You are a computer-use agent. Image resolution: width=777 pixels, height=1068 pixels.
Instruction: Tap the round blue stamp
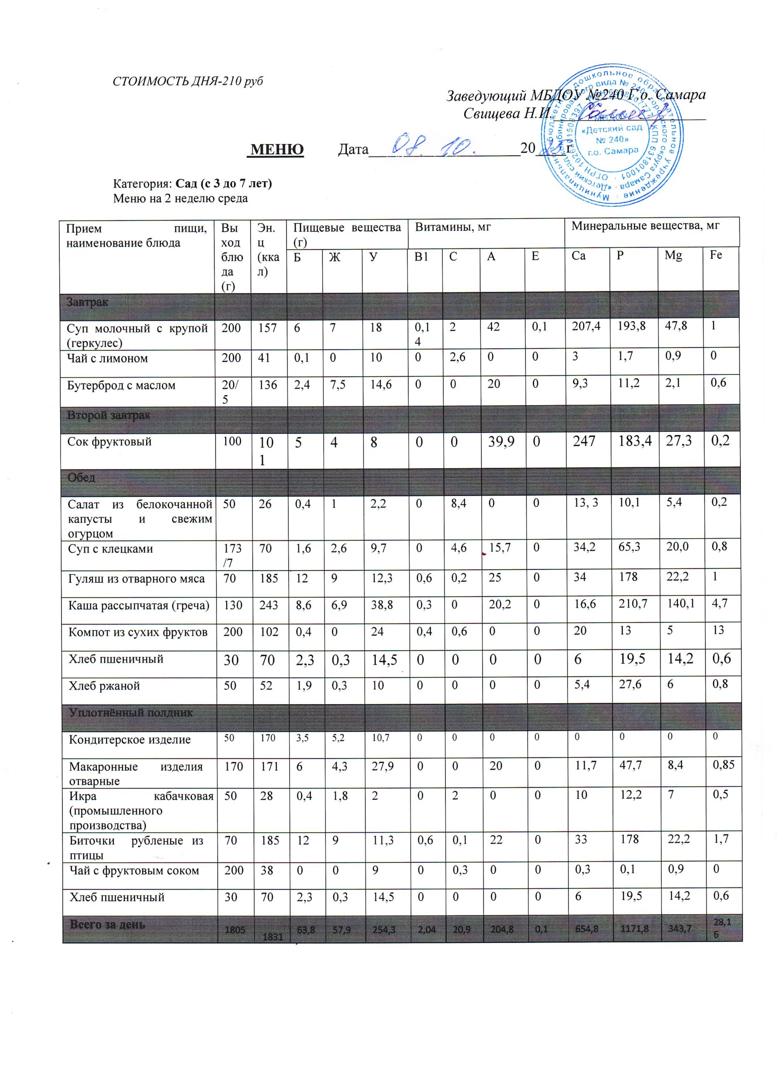pyautogui.click(x=612, y=136)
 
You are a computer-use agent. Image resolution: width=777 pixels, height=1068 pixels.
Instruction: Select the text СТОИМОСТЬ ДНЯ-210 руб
pyautogui.click(x=188, y=81)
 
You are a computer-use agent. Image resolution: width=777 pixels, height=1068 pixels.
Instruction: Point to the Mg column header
pyautogui.click(x=673, y=256)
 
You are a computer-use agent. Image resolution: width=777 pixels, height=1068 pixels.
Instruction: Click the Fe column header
pyautogui.click(x=715, y=255)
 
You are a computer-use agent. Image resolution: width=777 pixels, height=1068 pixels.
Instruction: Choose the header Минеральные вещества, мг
pyautogui.click(x=645, y=226)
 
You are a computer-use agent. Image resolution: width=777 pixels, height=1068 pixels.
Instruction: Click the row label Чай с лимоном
pyautogui.click(x=107, y=358)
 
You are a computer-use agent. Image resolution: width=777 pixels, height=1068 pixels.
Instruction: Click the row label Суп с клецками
pyautogui.click(x=111, y=549)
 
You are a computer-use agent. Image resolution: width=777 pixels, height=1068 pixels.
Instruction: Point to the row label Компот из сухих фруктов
pyautogui.click(x=138, y=632)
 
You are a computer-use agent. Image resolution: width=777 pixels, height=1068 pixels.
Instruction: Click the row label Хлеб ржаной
pyautogui.click(x=104, y=686)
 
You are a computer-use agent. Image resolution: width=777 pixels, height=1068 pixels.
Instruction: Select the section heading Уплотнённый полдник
pyautogui.click(x=131, y=713)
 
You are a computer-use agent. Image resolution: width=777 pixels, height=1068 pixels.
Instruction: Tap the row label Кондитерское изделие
pyautogui.click(x=129, y=740)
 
